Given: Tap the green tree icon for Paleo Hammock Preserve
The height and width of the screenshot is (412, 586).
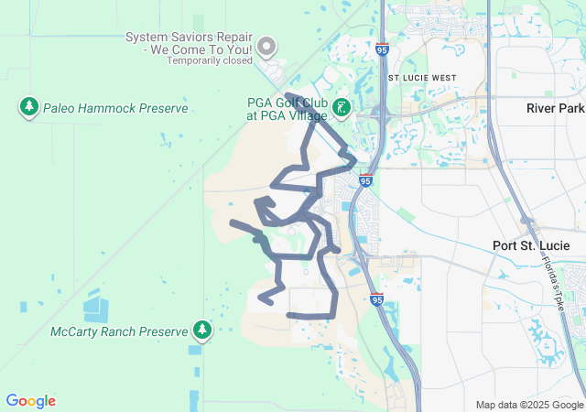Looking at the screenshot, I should pos(29,107).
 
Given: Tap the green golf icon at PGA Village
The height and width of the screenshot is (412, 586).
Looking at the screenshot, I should pos(342,108).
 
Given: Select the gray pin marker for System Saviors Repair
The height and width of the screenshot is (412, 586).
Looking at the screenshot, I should pos(266,45).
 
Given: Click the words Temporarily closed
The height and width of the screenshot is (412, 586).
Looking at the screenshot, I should pos(210,61).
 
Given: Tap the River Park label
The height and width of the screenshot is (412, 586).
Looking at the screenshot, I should pos(554,108).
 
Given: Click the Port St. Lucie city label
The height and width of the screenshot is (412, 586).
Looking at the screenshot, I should pos(531,245).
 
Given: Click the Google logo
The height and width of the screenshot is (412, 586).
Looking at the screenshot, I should pos(30,401).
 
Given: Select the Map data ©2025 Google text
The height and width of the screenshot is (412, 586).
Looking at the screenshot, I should pos(528,405).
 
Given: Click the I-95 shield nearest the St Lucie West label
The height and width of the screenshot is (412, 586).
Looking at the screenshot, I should pos(380,52).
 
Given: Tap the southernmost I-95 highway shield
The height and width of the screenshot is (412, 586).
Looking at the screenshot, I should pos(377,298).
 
